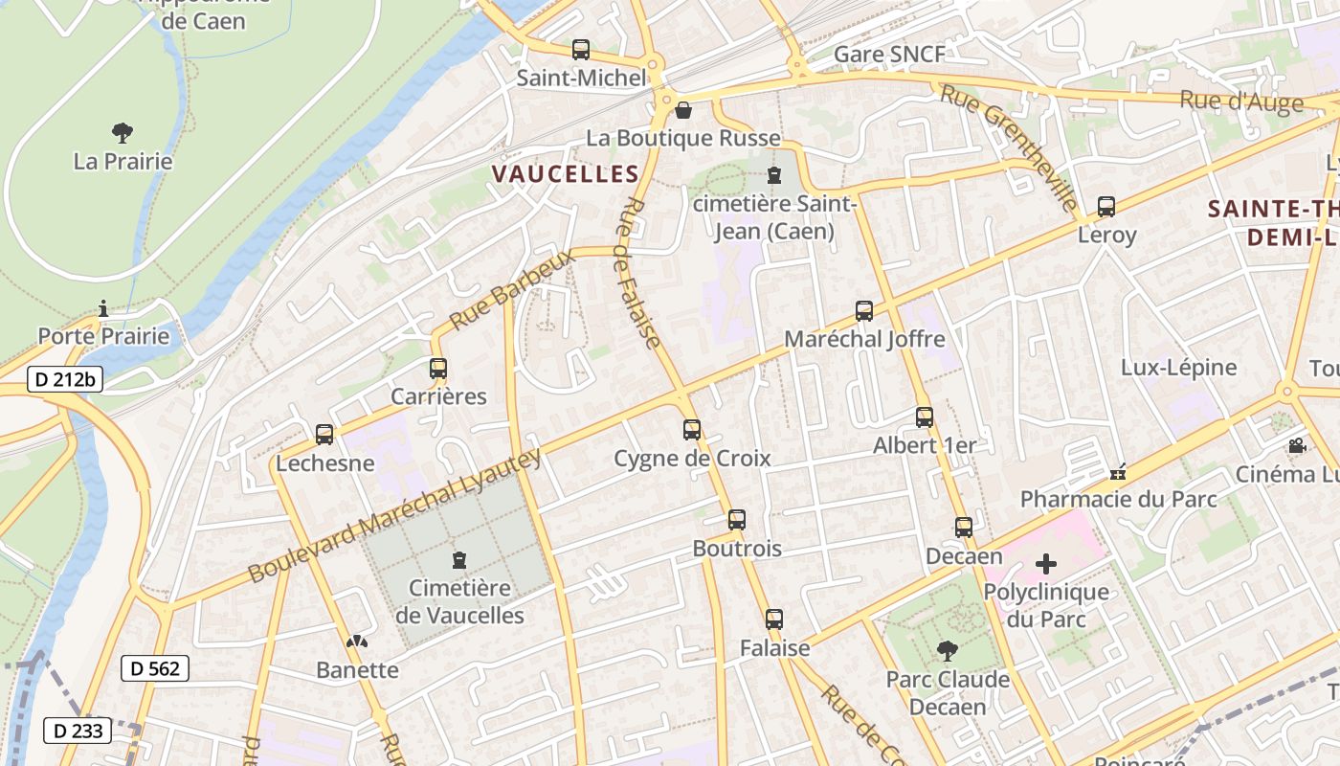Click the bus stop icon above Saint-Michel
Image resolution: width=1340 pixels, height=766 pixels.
(x=580, y=50)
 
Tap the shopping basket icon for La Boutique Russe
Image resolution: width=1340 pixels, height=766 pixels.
(x=683, y=110)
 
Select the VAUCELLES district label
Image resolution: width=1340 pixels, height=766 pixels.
(x=565, y=173)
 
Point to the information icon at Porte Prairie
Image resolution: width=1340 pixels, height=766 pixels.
(x=103, y=308)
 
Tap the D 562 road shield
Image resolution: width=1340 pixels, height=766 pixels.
(x=154, y=668)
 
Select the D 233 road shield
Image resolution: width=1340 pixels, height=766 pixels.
(x=78, y=732)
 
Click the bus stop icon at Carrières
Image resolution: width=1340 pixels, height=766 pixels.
(x=438, y=369)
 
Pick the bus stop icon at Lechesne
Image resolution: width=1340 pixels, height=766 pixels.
(x=324, y=435)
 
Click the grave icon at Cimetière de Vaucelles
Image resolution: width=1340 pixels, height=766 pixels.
(x=459, y=559)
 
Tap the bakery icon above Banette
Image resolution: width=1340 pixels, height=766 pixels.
(x=357, y=642)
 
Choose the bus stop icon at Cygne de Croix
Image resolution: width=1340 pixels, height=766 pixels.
(x=692, y=430)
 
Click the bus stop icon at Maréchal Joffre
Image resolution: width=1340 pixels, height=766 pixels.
(x=864, y=311)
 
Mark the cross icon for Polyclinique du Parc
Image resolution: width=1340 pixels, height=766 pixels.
(x=1046, y=564)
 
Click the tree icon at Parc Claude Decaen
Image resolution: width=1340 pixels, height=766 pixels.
(x=948, y=651)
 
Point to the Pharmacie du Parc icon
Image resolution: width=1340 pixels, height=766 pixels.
(x=1118, y=472)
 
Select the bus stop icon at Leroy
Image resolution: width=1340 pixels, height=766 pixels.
(x=1106, y=206)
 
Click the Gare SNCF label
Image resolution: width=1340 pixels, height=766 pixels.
(x=889, y=55)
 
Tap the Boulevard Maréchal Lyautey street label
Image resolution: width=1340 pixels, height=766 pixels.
(x=395, y=516)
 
